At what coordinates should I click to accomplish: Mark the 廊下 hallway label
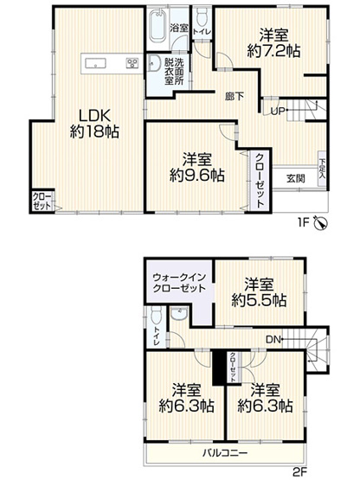232,96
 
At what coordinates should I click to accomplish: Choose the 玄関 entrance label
294,178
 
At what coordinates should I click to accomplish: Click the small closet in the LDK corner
42,202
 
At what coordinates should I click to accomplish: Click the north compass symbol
322,223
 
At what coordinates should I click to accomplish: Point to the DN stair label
273,339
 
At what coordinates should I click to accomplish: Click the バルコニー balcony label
227,452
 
